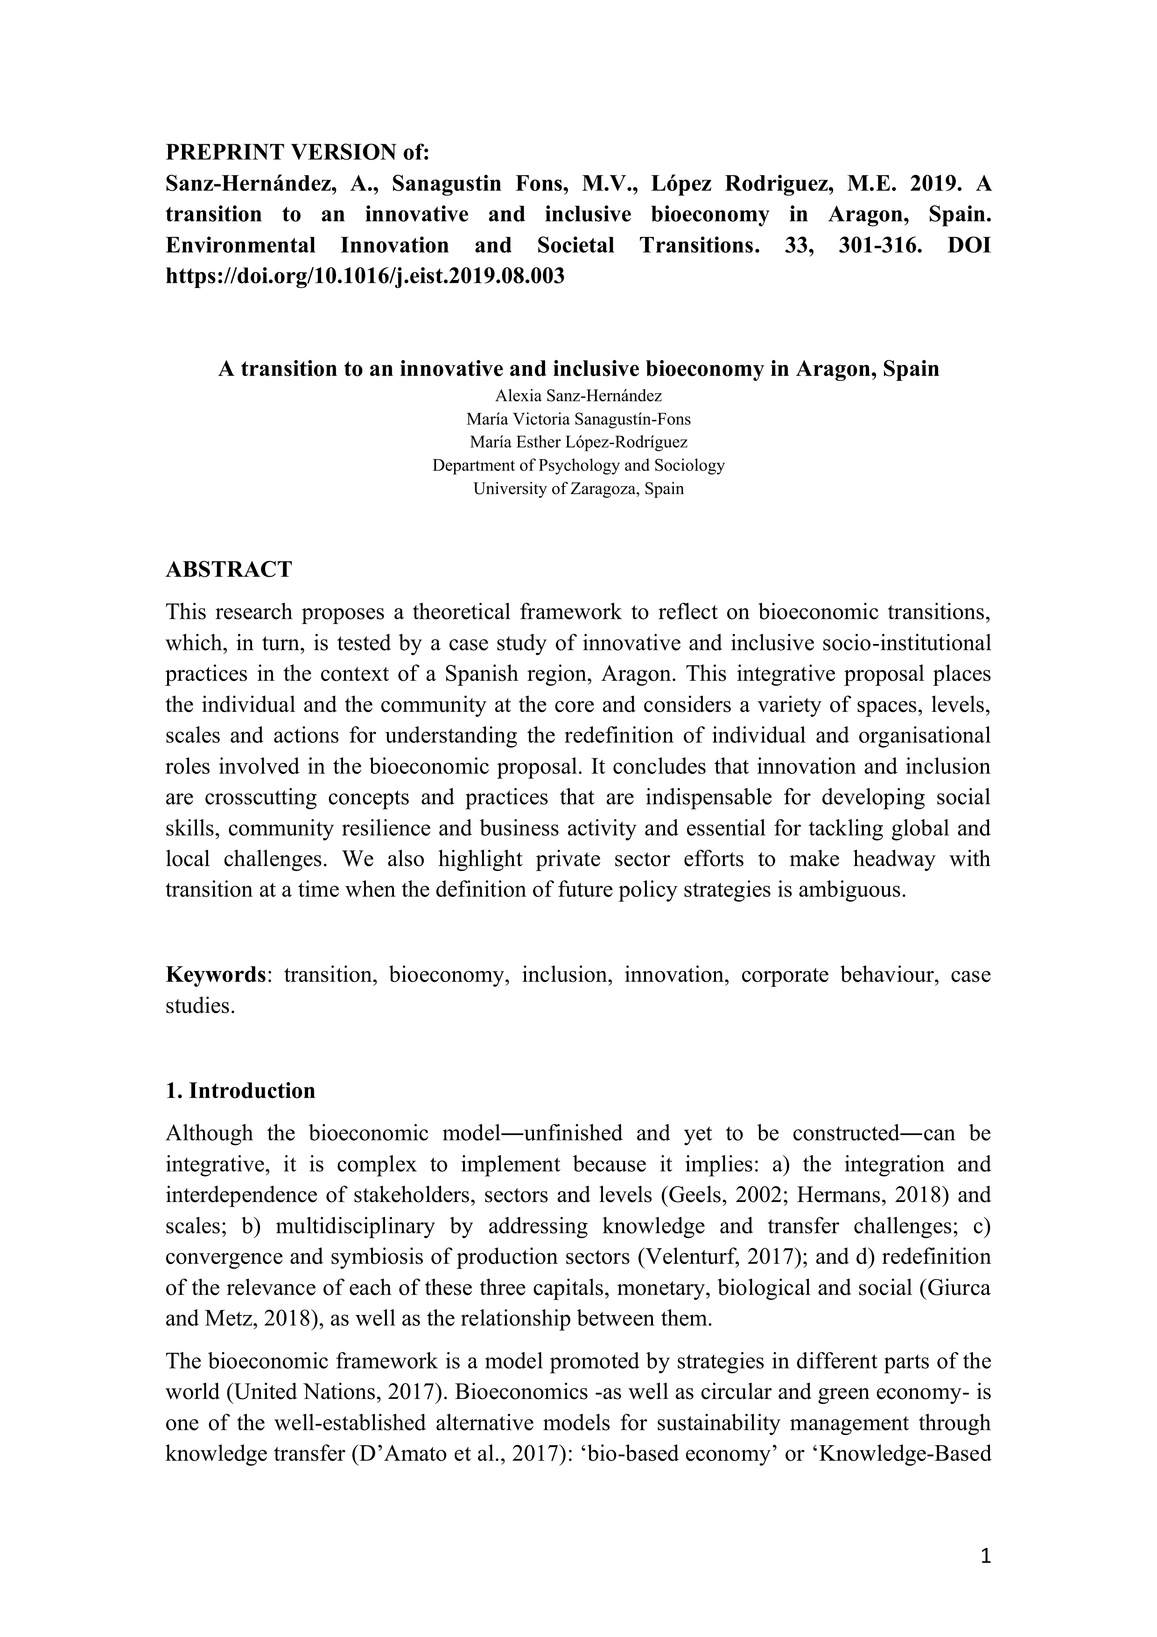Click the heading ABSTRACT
pos(229,569)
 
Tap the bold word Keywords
pos(215,975)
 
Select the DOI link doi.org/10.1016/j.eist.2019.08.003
pos(365,275)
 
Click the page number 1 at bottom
pos(986,1557)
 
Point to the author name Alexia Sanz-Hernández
pos(578,396)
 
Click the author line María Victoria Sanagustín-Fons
pos(578,419)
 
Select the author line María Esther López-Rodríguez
pos(578,442)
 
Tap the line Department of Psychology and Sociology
pos(578,466)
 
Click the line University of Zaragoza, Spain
pos(578,489)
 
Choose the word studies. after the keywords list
pos(200,1006)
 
